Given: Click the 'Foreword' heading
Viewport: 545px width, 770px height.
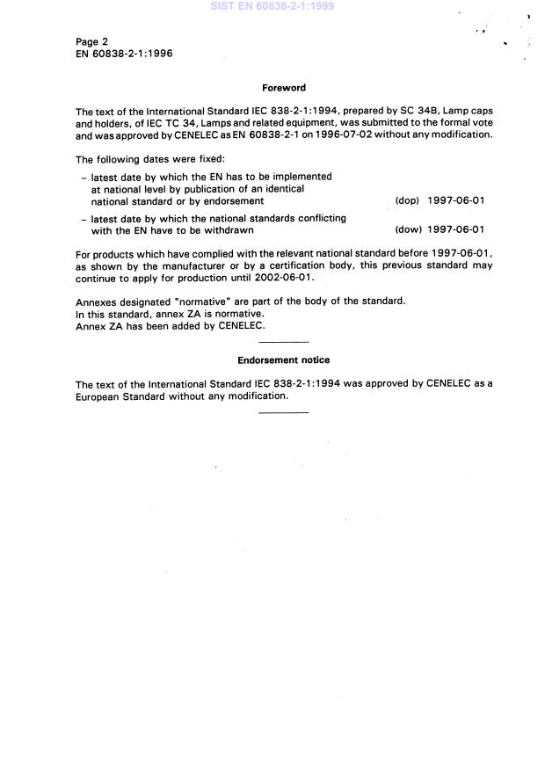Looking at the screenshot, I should (284, 88).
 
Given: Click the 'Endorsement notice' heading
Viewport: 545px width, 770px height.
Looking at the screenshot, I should (284, 360).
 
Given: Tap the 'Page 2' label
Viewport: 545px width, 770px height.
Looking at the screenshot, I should (92, 41).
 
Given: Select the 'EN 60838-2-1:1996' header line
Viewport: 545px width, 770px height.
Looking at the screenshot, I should (124, 54).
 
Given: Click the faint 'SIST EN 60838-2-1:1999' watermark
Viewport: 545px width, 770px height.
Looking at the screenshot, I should (272, 6).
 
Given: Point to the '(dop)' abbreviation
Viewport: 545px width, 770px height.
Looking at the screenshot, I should (407, 200).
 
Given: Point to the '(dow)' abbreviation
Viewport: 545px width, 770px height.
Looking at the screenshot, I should (408, 230).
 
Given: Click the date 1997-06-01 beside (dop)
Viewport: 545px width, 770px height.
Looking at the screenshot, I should (456, 200).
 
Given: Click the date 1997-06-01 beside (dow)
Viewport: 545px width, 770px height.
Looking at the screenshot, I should (456, 230).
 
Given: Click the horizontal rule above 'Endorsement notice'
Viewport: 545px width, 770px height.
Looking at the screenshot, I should (284, 341).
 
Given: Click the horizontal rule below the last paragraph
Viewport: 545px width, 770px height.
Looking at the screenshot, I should (284, 411).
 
